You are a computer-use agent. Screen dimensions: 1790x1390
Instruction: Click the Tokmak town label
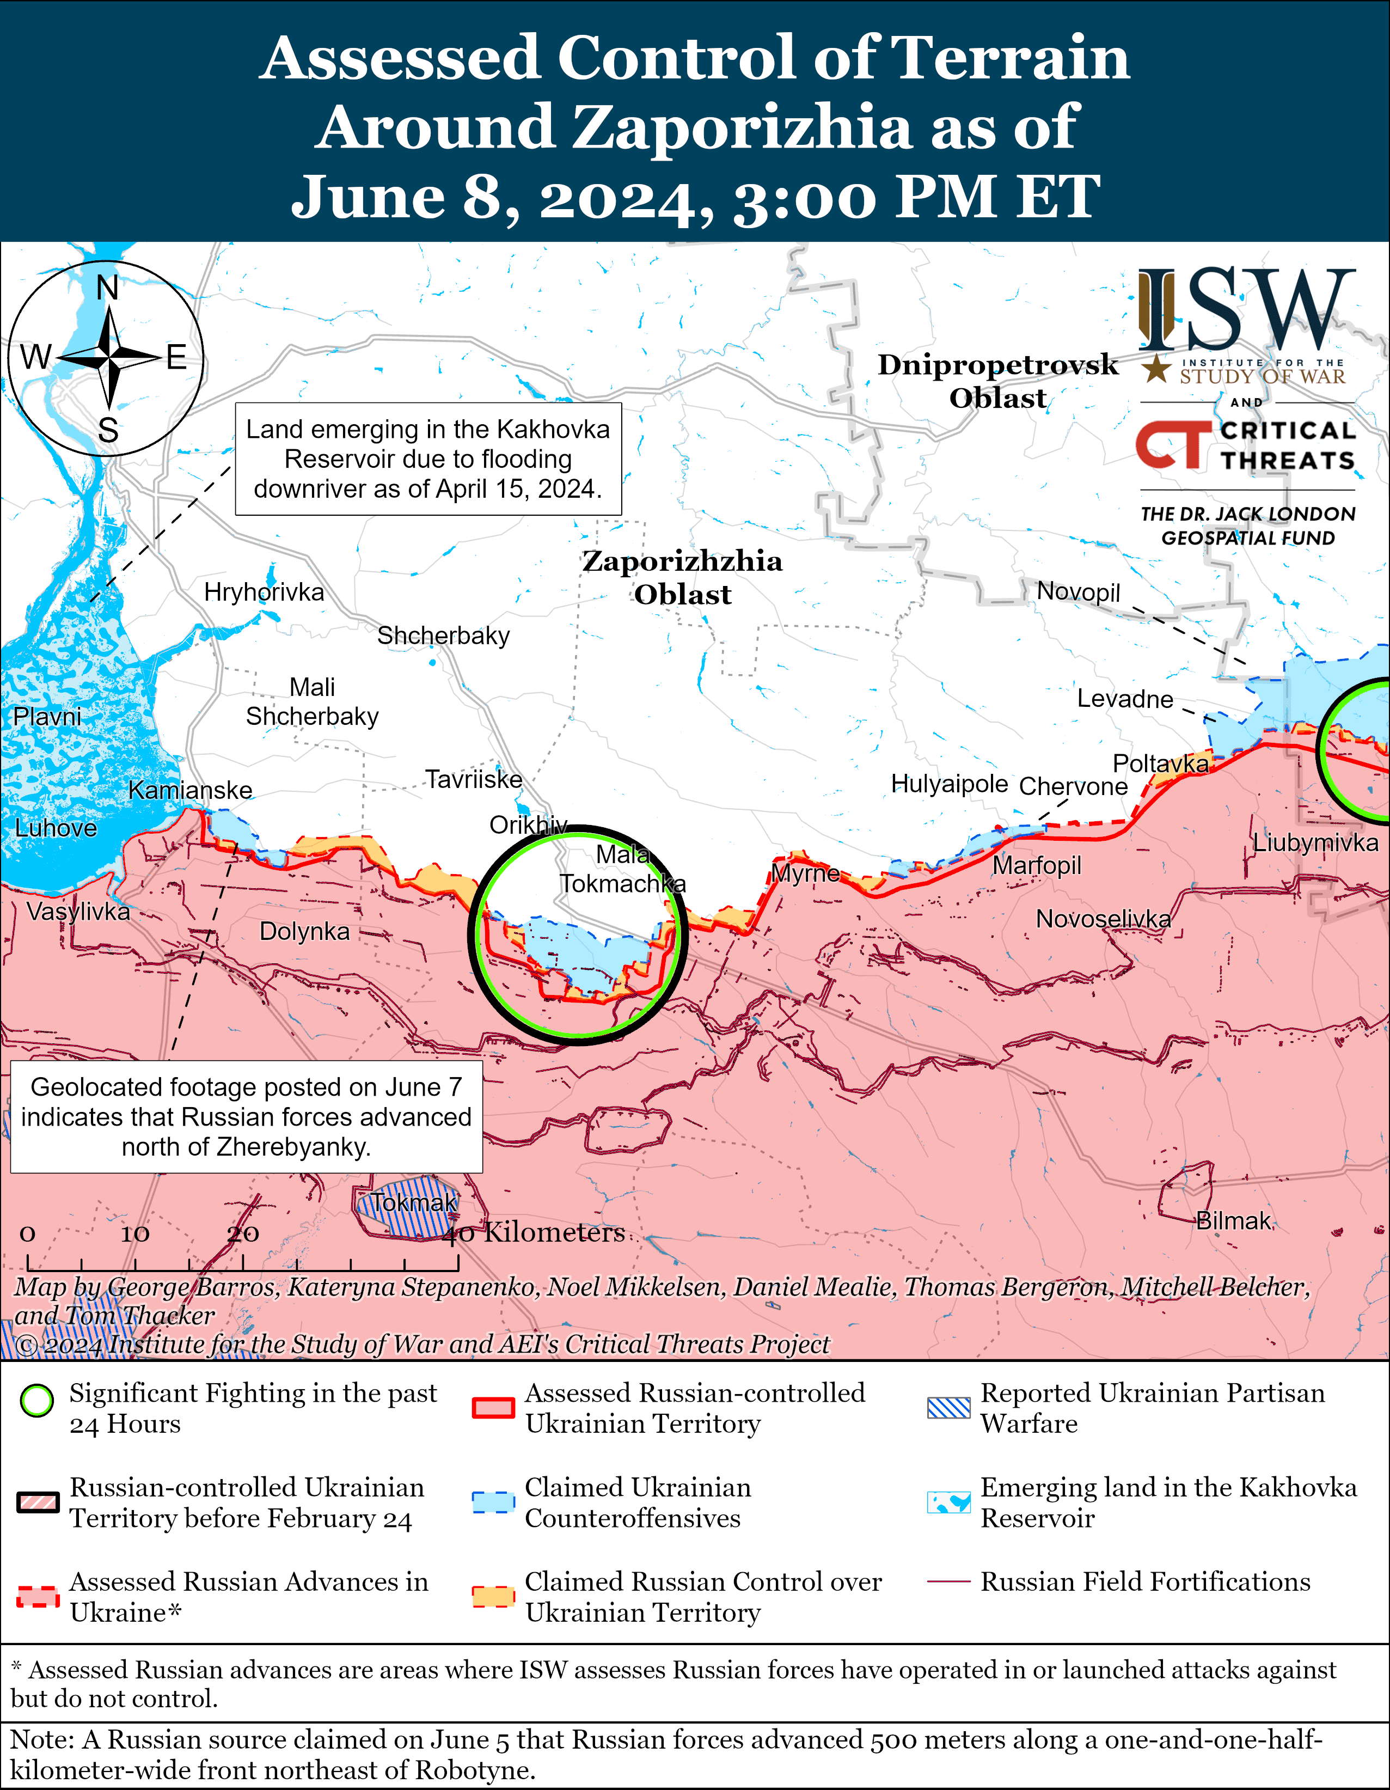413,1202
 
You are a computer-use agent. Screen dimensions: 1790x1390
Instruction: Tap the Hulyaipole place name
949,784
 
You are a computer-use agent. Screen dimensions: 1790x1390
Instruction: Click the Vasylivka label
78,912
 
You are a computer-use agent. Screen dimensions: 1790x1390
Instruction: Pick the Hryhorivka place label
264,592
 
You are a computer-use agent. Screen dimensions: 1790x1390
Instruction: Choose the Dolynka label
304,931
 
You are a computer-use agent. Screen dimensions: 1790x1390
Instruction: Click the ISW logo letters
1246,310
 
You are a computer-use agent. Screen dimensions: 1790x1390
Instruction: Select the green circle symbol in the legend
37,1402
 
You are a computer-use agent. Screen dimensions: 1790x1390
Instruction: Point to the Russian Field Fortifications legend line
948,1582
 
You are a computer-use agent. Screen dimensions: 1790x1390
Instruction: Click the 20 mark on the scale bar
243,1233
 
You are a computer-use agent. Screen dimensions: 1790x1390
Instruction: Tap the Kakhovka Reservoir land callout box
428,459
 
